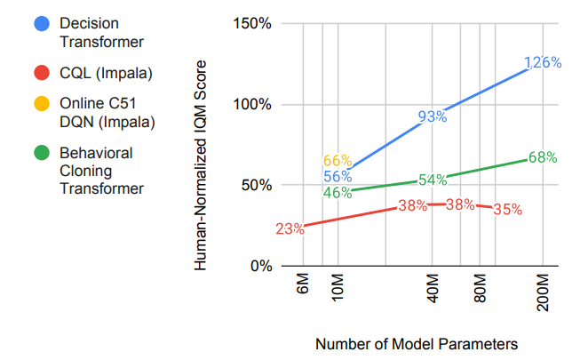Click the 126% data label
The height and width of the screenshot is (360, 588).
(543, 63)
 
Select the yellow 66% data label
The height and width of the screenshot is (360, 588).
(338, 161)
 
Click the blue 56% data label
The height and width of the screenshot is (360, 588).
(338, 176)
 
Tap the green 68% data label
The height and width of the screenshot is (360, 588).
(542, 157)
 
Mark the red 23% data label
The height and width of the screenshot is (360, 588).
(290, 228)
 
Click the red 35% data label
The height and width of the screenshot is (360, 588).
(507, 211)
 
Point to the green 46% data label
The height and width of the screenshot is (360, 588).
(338, 192)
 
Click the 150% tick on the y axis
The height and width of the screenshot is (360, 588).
(253, 23)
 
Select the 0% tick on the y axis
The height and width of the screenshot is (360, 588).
(260, 266)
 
